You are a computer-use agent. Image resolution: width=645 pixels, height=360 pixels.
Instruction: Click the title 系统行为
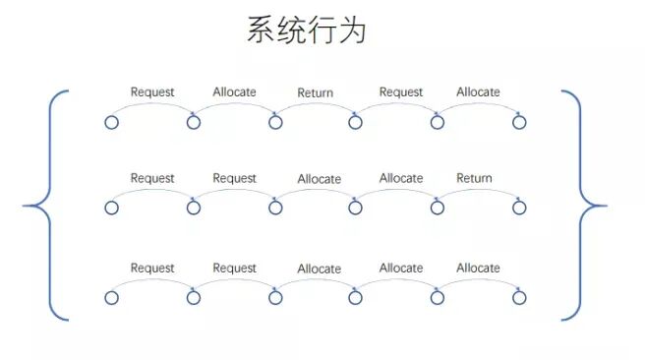pyautogui.click(x=306, y=30)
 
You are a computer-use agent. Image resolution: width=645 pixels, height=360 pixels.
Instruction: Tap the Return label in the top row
pyautogui.click(x=316, y=92)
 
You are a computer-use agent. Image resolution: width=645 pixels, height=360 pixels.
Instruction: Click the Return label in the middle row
pyautogui.click(x=474, y=178)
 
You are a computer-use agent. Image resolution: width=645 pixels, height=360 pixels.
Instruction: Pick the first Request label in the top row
pyautogui.click(x=152, y=91)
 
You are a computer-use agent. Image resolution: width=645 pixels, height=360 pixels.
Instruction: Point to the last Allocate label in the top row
pyautogui.click(x=478, y=91)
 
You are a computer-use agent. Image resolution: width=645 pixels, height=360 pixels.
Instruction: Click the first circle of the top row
pyautogui.click(x=111, y=122)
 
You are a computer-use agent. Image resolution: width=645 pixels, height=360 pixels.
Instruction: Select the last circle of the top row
pyautogui.click(x=519, y=122)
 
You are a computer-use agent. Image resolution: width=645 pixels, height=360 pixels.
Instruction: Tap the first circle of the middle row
pyautogui.click(x=111, y=208)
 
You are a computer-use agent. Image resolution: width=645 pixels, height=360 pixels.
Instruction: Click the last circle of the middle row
pyautogui.click(x=519, y=208)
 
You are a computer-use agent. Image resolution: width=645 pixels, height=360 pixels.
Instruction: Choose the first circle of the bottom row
pyautogui.click(x=111, y=297)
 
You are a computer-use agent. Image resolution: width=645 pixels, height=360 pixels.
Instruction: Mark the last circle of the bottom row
pyautogui.click(x=519, y=297)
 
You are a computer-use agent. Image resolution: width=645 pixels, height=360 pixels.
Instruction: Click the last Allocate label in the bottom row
pyautogui.click(x=478, y=268)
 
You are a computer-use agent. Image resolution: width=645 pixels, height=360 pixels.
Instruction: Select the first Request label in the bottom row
pyautogui.click(x=152, y=268)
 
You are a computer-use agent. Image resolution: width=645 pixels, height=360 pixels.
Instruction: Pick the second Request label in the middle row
pyautogui.click(x=234, y=178)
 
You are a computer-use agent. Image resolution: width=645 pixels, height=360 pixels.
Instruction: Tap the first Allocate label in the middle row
pyautogui.click(x=319, y=179)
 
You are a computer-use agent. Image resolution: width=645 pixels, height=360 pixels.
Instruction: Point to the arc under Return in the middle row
pyautogui.click(x=478, y=193)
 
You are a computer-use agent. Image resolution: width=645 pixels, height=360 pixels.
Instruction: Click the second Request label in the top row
pyautogui.click(x=401, y=91)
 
